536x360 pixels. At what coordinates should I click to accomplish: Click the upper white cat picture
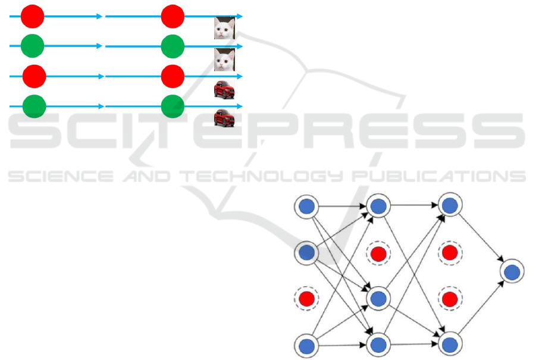click(x=224, y=28)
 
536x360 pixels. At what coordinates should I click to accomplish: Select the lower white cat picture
click(x=224, y=60)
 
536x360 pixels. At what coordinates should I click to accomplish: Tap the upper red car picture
click(x=224, y=89)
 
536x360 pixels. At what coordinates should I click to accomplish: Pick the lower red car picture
click(x=224, y=117)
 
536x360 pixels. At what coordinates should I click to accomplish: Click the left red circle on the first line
click(x=32, y=16)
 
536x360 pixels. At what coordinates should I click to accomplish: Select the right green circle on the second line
click(x=173, y=46)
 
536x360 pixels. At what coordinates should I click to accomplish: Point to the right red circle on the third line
click(x=173, y=76)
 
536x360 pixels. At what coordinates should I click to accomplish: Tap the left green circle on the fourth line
click(x=34, y=107)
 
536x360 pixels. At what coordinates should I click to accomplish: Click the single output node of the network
click(x=512, y=272)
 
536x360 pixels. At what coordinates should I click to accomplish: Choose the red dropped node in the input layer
click(x=306, y=298)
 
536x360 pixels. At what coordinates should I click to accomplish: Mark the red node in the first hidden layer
click(x=378, y=253)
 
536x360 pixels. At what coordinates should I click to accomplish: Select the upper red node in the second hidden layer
click(x=450, y=253)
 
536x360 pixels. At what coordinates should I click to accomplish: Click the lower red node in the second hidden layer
click(x=450, y=297)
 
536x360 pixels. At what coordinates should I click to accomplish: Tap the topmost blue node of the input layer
click(x=306, y=207)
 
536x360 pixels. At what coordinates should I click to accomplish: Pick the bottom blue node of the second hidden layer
click(x=450, y=344)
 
